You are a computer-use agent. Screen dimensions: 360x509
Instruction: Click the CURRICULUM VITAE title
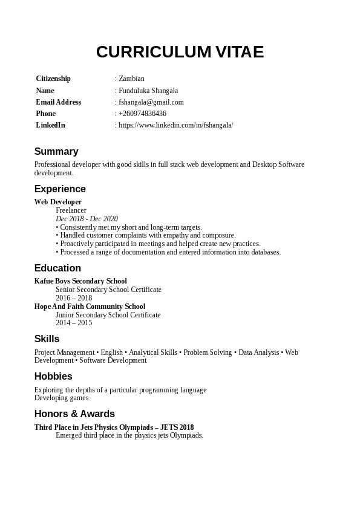point(180,52)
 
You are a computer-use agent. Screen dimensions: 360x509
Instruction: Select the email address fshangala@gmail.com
point(151,102)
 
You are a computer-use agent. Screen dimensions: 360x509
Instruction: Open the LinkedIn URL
point(175,125)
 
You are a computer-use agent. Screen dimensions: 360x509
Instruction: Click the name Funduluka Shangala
point(148,91)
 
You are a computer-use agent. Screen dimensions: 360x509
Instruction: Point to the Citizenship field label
point(53,79)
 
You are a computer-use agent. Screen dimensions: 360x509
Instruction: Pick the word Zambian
point(131,79)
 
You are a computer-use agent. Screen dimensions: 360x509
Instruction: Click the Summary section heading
point(56,152)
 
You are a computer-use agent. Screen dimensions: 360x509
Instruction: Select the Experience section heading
point(60,189)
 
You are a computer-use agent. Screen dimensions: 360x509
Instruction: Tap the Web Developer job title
point(57,202)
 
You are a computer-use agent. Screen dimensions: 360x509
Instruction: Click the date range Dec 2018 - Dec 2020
point(87,219)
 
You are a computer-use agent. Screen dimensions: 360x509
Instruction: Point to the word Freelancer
point(71,210)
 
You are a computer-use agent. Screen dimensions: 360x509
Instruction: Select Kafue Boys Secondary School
point(80,281)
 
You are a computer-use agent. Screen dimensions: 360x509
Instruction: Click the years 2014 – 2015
point(74,323)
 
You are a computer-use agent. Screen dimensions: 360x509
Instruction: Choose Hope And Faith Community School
point(90,306)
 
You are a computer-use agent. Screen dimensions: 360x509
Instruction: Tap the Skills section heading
point(47,339)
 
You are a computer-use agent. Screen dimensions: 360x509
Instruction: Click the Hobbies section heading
point(53,377)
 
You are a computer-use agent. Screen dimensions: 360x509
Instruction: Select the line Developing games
point(61,398)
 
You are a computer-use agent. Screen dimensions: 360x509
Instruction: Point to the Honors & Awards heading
point(74,414)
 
